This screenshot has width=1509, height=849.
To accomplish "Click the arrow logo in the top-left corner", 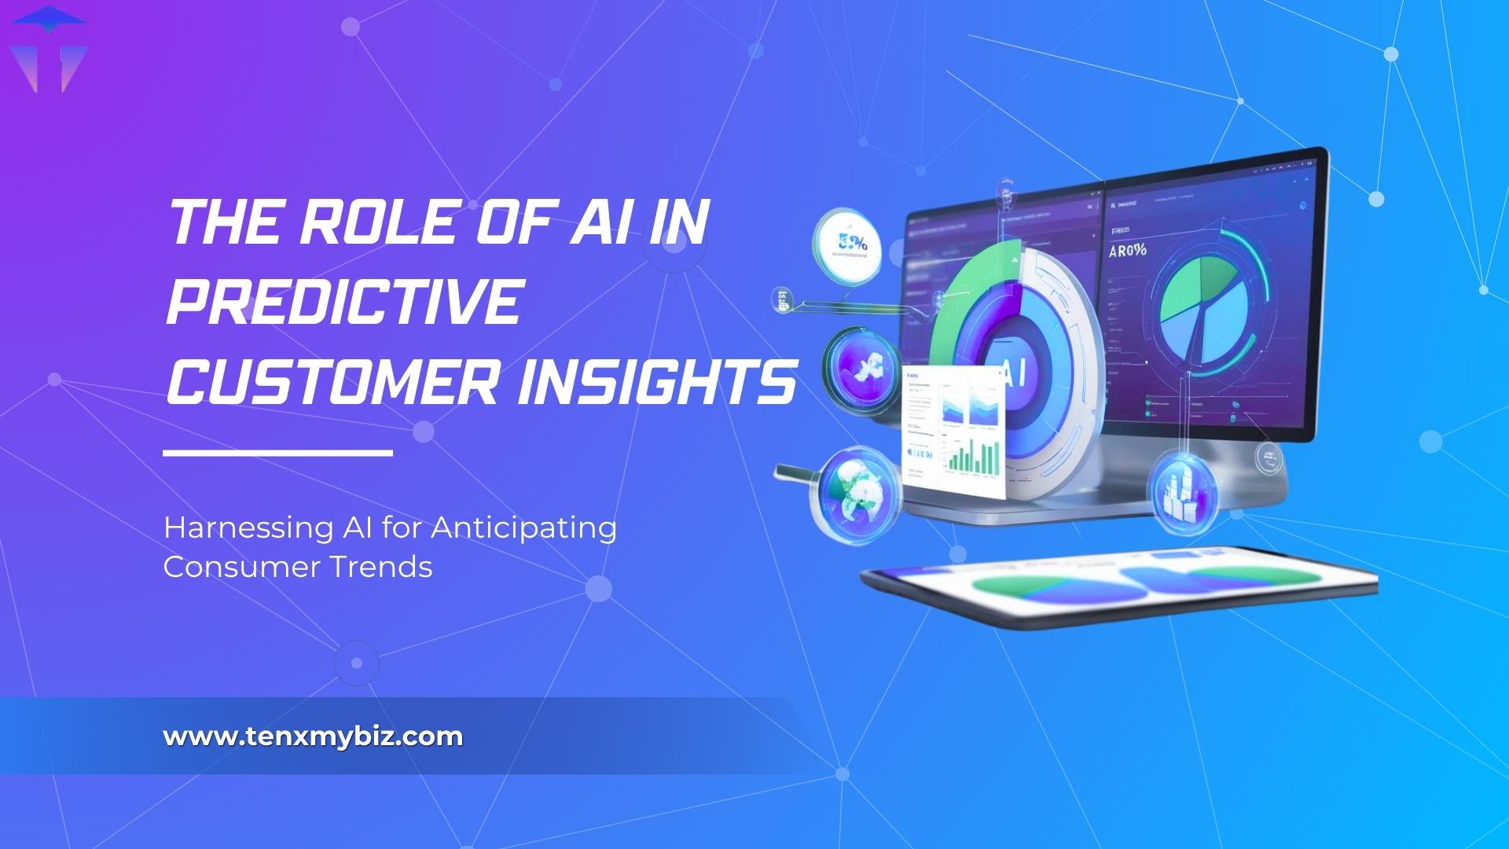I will coord(50,49).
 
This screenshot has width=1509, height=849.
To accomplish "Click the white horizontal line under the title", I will coord(277,453).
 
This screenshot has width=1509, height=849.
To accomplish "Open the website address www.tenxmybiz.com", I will coord(313,737).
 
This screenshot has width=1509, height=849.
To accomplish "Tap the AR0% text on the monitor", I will coord(1127,252).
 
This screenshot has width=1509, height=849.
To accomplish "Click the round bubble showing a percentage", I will coord(848,244).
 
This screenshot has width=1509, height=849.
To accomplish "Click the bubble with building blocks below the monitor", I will coord(1184,489).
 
